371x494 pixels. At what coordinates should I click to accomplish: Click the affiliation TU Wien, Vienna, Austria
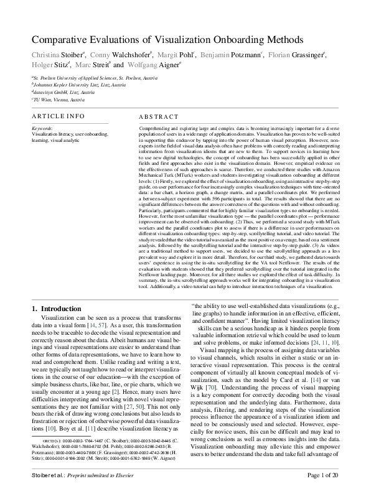point(59,99)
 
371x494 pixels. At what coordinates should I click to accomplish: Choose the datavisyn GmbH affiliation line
point(63,91)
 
